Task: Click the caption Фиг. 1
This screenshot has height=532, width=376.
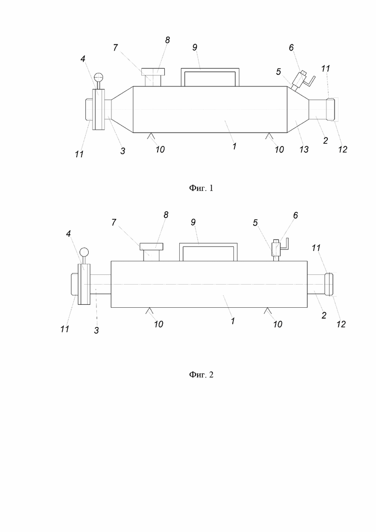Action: [x=201, y=188]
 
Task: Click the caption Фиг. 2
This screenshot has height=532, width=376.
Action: [x=201, y=375]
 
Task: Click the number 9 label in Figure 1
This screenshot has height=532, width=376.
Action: [x=195, y=47]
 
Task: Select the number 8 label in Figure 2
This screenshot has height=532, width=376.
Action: [x=166, y=215]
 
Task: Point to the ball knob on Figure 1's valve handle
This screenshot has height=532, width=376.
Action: [x=99, y=77]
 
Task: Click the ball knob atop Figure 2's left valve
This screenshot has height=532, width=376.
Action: [x=84, y=252]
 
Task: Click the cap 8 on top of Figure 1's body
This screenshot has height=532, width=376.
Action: [x=153, y=72]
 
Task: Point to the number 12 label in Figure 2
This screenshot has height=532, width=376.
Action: [x=341, y=324]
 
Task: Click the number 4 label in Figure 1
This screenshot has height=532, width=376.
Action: [x=83, y=59]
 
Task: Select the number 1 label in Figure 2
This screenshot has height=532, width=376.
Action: [x=233, y=321]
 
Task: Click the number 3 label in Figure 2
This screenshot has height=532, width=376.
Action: [x=96, y=330]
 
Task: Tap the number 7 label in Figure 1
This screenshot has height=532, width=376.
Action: [x=115, y=48]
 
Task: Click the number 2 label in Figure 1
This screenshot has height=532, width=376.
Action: [x=326, y=141]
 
